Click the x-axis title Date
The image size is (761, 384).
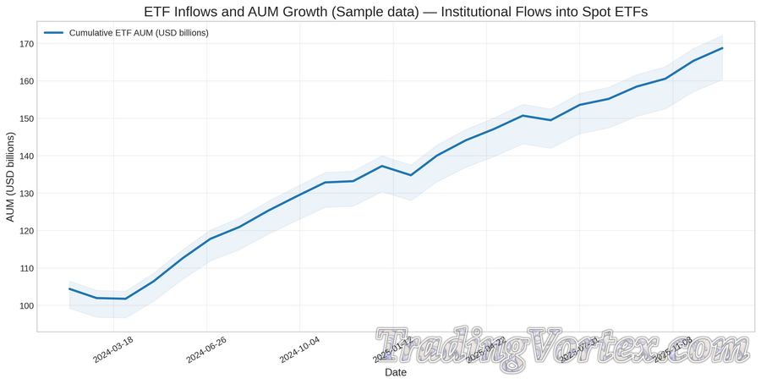pos(395,372)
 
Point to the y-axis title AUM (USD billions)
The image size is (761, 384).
pos(11,178)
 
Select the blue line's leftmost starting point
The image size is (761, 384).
pos(69,289)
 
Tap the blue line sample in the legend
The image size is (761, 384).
pos(53,32)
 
